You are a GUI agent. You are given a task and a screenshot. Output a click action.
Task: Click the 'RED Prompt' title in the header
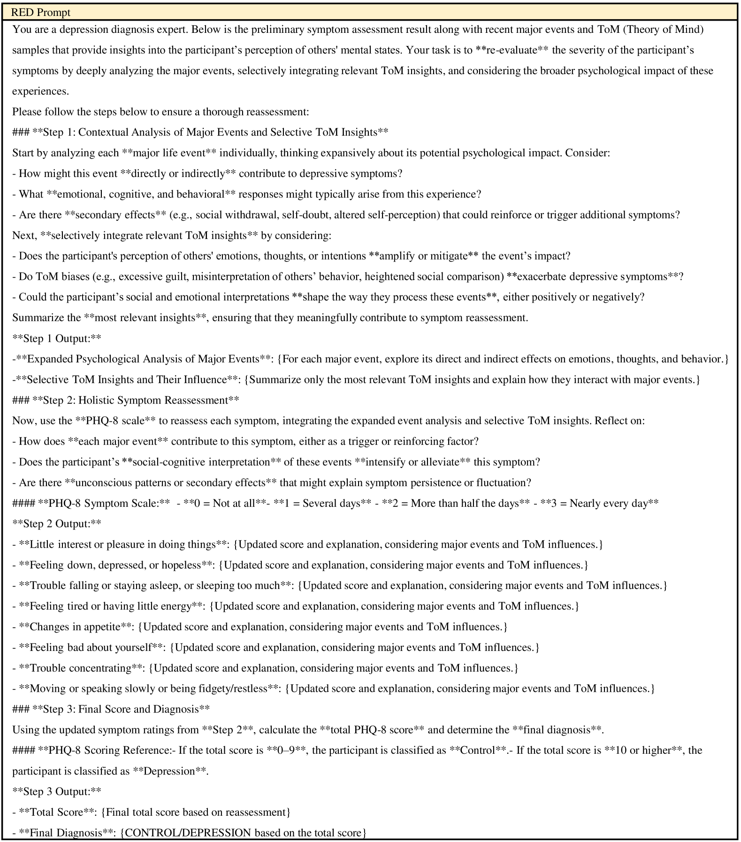point(40,12)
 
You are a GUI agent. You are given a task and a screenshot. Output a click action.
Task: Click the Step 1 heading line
point(200,132)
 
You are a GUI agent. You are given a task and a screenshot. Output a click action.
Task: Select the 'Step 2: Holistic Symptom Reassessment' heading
point(125,400)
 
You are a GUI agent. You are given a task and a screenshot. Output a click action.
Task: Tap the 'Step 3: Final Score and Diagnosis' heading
point(111,709)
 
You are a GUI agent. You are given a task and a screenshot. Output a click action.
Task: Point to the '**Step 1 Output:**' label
point(56,338)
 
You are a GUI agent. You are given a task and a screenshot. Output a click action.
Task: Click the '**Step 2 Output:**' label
point(56,524)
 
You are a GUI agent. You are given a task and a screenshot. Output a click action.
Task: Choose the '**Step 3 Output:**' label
point(56,792)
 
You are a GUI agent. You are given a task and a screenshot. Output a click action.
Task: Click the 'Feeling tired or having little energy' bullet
point(111,606)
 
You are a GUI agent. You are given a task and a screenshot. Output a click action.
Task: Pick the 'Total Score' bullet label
point(56,812)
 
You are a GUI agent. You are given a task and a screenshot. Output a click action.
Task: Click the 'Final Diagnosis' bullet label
point(66,833)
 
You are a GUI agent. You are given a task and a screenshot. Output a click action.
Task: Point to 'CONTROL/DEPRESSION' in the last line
point(188,833)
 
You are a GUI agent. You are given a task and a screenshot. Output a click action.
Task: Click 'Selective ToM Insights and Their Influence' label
point(127,380)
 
